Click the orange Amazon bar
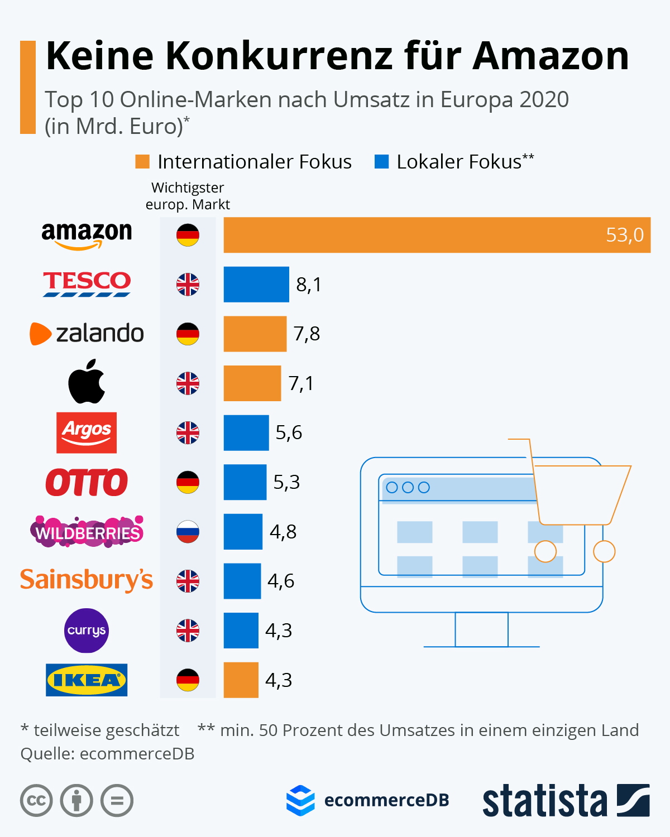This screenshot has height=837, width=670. click(x=437, y=235)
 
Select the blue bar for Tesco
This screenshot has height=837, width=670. click(x=256, y=285)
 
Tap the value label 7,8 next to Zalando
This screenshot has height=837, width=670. click(x=307, y=334)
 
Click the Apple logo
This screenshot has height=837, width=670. click(x=87, y=382)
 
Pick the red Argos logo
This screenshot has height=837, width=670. click(x=87, y=432)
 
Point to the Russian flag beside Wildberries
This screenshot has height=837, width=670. click(x=188, y=532)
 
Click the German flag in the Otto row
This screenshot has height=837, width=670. click(x=188, y=482)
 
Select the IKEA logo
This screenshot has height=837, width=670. click(x=87, y=680)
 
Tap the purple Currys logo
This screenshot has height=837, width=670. click(x=86, y=631)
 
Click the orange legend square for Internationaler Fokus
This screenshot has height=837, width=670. click(x=142, y=162)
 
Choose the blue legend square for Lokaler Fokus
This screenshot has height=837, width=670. click(x=381, y=162)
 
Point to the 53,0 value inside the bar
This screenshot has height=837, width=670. click(x=624, y=235)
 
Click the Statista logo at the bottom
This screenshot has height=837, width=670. click(x=565, y=801)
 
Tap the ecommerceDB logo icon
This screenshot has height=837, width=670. click(x=300, y=800)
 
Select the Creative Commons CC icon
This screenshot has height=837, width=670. click(x=36, y=801)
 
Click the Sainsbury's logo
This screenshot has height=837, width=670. click(x=87, y=580)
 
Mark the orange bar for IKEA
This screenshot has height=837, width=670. click(x=241, y=680)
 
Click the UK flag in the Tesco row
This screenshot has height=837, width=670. click(x=188, y=285)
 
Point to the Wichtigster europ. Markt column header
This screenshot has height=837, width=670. click(x=188, y=196)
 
